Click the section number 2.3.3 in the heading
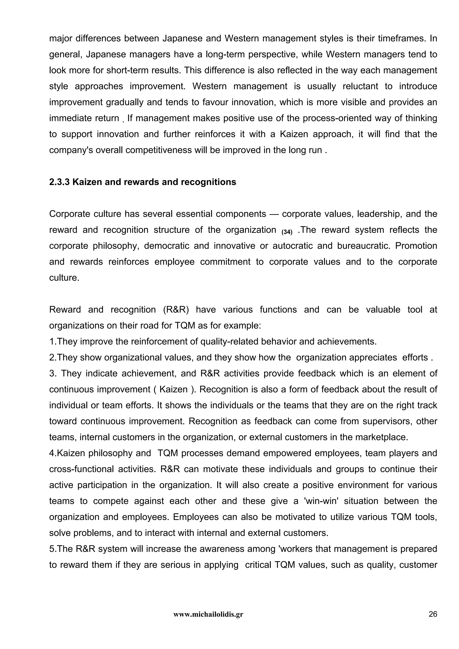[x=60, y=182]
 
